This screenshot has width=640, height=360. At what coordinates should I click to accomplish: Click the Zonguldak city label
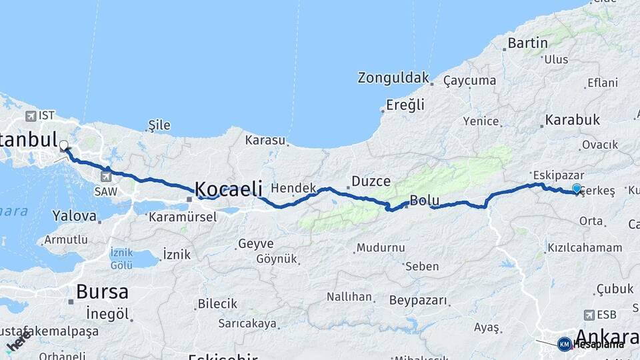[393, 78]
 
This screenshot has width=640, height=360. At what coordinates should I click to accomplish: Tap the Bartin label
[527, 43]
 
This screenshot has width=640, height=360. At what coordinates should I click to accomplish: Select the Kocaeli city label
[229, 189]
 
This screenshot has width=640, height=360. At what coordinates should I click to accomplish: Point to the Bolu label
[423, 199]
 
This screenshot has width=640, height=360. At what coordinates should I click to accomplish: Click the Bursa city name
[102, 291]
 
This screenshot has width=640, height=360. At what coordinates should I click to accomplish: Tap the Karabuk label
[572, 121]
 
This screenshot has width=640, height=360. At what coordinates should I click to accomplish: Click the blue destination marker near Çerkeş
[577, 189]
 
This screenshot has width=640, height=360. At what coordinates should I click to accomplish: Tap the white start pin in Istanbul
[64, 145]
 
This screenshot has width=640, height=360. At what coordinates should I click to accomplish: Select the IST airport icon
[31, 116]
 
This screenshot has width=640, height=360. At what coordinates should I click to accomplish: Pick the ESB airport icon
[589, 315]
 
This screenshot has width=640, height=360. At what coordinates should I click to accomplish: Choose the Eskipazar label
[545, 175]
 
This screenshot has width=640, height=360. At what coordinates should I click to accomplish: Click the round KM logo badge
[564, 344]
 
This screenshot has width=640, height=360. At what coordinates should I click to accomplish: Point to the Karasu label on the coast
[265, 141]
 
